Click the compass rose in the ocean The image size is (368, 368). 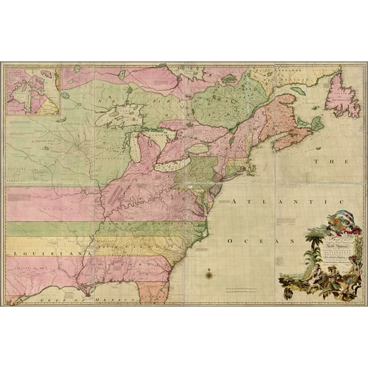click(x=210, y=275)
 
